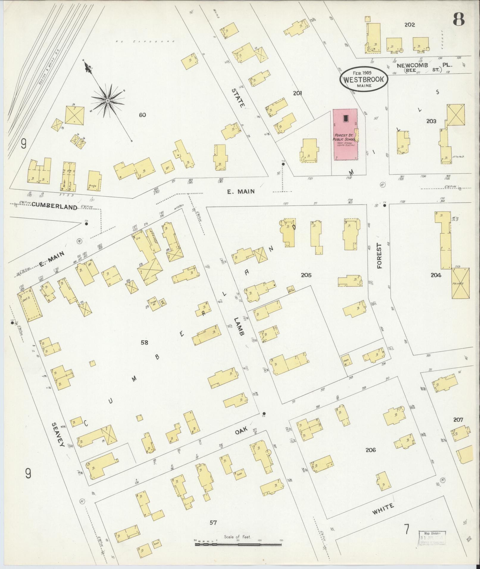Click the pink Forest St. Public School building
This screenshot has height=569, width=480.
(x=345, y=134)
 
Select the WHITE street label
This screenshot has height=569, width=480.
(x=383, y=509)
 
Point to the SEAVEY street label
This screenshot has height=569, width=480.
(x=58, y=435)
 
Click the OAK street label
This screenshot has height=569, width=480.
(x=241, y=430)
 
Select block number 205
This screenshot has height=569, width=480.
(x=306, y=275)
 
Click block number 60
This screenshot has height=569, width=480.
(x=143, y=115)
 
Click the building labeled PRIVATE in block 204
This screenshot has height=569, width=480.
(x=460, y=283)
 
